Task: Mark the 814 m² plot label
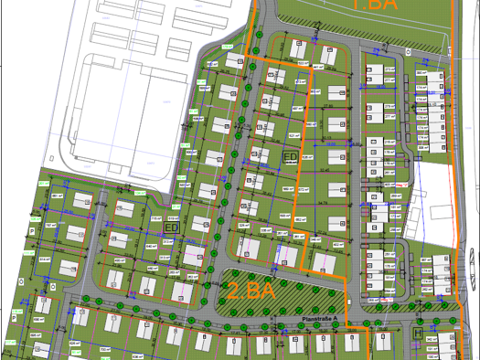click(x=46, y=259)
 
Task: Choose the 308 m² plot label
click(x=422, y=146)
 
